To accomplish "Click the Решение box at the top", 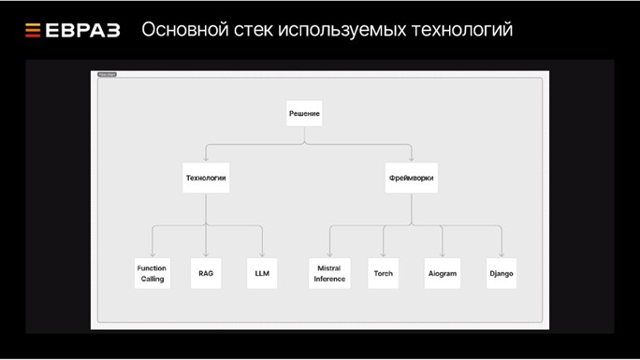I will [304, 113].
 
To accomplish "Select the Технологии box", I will [206, 177].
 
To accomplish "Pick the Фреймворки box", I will [411, 177].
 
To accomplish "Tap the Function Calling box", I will [153, 273].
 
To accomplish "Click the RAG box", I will [207, 273].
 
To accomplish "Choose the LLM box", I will [262, 273].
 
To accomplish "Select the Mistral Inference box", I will [329, 273].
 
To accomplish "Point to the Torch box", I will [384, 273].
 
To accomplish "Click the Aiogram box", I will [441, 273].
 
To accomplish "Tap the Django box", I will [502, 273].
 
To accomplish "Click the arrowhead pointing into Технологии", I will [206, 158].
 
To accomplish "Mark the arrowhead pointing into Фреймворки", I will [411, 158].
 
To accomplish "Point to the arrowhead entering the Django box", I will [502, 254].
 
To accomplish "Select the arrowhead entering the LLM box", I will [262, 254].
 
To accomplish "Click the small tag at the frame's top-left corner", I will [107, 74].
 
